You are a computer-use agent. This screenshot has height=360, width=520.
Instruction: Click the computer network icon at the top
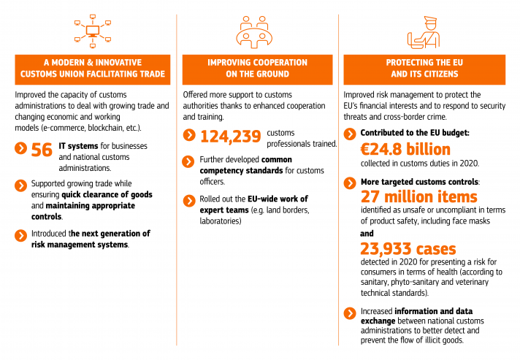(92, 31)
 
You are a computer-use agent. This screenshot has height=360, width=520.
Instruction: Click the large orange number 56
(42, 150)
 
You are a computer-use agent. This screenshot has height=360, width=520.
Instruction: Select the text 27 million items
(419, 196)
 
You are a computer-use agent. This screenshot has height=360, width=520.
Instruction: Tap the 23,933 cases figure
(408, 249)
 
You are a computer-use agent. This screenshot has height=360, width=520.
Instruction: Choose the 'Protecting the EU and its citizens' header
(424, 69)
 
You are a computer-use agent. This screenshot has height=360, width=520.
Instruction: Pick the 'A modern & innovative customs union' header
(92, 69)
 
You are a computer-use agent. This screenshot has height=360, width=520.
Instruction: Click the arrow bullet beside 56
(20, 149)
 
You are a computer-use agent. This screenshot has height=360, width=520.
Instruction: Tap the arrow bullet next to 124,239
(188, 135)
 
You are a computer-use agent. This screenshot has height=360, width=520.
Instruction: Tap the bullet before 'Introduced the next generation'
(20, 234)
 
